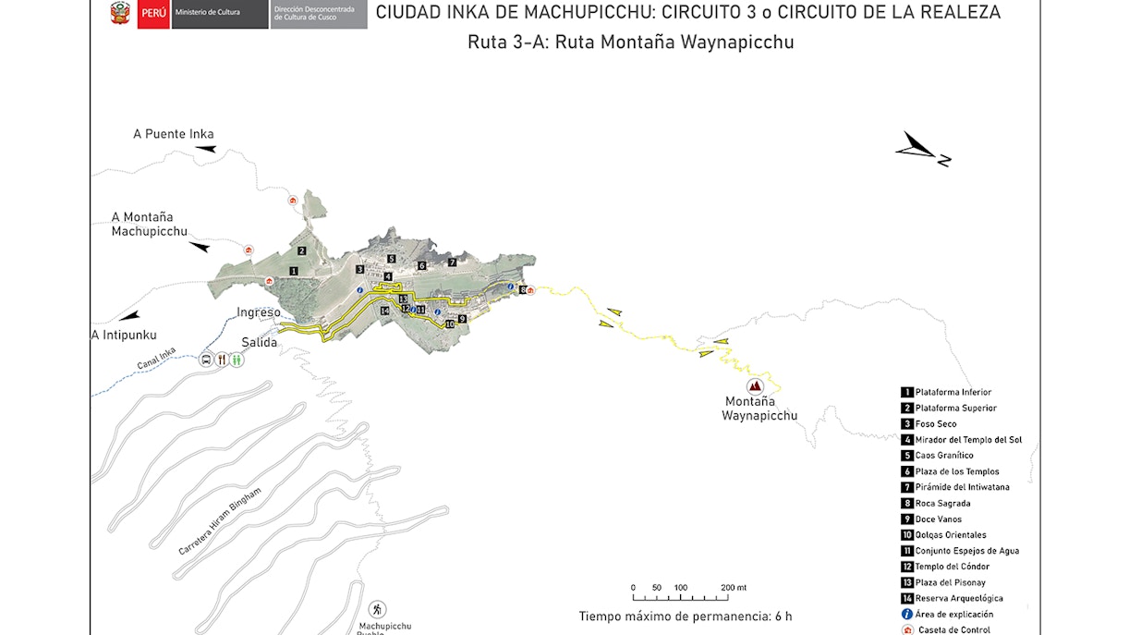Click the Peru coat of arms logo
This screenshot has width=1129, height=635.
(120, 14)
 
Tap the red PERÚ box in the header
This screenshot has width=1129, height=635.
(153, 15)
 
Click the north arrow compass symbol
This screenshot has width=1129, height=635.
(922, 150)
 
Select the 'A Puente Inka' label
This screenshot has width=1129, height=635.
(173, 134)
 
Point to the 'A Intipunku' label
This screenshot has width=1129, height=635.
(124, 335)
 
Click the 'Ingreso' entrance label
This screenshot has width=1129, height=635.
(259, 312)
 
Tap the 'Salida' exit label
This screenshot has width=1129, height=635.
(260, 342)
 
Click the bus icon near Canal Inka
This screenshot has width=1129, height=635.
(205, 360)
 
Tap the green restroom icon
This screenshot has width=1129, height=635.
(237, 360)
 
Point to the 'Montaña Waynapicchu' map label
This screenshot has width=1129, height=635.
(759, 409)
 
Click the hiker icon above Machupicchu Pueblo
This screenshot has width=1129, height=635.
(378, 609)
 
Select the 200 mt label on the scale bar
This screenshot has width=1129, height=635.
(734, 588)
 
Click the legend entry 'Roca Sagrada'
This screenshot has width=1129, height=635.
(943, 504)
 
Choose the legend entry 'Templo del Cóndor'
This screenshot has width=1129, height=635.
(952, 567)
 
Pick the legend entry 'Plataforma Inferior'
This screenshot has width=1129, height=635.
(953, 393)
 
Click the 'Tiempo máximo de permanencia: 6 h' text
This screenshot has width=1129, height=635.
(686, 617)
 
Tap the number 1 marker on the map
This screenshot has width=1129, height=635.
(293, 271)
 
